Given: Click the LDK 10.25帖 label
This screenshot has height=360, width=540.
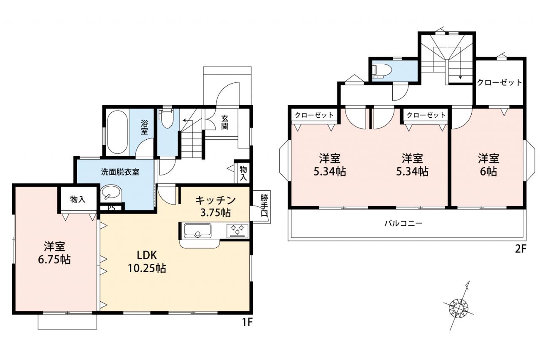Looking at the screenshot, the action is pyautogui.click(x=146, y=261).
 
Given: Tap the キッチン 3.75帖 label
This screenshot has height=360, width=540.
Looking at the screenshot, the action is pyautogui.click(x=215, y=206).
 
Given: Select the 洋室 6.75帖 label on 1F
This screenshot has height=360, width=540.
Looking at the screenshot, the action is pyautogui.click(x=54, y=253).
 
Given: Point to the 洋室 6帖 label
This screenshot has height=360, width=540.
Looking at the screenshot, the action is pyautogui.click(x=489, y=165).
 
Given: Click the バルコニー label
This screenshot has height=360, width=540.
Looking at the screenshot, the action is pyautogui.click(x=404, y=223).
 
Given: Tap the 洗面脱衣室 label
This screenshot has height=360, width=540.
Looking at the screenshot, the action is pyautogui.click(x=120, y=172).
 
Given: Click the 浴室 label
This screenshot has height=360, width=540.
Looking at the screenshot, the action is pyautogui.click(x=144, y=127).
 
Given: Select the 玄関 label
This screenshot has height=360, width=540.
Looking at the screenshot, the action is pyautogui.click(x=224, y=122).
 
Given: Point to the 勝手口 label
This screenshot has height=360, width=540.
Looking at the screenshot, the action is pyautogui.click(x=264, y=206).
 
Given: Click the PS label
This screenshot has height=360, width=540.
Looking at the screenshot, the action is pyautogui.click(x=111, y=208).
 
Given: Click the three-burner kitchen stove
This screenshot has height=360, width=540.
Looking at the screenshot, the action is pyautogui.click(x=237, y=230).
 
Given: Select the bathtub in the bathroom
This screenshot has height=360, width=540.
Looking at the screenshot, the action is pyautogui.click(x=117, y=132).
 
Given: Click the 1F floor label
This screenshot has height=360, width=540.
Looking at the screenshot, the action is pyautogui.click(x=247, y=322).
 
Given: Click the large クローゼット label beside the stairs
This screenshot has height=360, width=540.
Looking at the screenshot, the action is pyautogui.click(x=499, y=82).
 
